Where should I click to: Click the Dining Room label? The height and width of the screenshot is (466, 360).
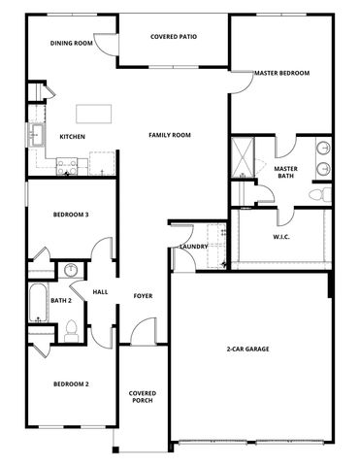click(71, 44)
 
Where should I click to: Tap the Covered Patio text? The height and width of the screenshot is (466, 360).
click(174, 36)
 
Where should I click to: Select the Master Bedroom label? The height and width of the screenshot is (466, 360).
click(281, 73)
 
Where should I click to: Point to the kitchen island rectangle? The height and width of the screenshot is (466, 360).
click(93, 112)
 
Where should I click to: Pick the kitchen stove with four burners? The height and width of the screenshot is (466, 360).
click(65, 166)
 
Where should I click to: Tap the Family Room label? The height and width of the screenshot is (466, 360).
click(170, 136)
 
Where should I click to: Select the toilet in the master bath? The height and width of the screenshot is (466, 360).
click(315, 194)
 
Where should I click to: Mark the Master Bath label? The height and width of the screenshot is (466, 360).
click(285, 173)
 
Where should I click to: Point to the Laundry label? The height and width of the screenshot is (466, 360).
click(193, 247)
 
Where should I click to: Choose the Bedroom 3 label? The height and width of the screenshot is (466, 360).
click(71, 215)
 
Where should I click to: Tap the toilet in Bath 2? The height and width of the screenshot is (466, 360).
click(70, 332)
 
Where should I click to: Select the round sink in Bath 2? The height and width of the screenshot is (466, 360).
click(70, 271)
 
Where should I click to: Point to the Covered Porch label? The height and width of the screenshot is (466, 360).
click(143, 398)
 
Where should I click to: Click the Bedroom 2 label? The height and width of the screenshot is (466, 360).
click(71, 384)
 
